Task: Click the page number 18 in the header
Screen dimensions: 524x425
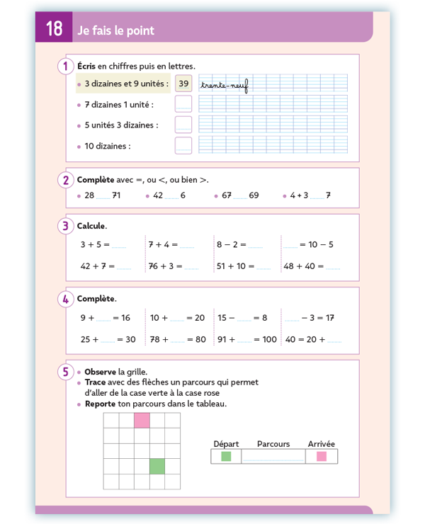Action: (x=54, y=29)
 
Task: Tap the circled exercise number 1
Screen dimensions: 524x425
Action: (x=65, y=66)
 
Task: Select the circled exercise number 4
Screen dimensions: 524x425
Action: (x=65, y=299)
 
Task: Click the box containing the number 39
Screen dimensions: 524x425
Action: (x=183, y=84)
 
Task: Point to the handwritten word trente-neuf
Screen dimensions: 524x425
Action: (x=224, y=85)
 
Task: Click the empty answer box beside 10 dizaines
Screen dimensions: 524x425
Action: (x=183, y=146)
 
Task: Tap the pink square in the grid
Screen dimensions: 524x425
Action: (x=142, y=420)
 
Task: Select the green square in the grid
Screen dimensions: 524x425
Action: (x=157, y=465)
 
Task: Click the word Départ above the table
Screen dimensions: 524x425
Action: (x=226, y=444)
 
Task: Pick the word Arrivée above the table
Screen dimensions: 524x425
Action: (x=322, y=444)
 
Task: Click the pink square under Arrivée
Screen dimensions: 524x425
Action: (x=322, y=457)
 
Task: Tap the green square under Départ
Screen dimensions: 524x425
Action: (x=226, y=457)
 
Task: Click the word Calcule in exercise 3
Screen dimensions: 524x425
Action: (x=91, y=226)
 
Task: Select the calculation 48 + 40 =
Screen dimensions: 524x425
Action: (x=303, y=266)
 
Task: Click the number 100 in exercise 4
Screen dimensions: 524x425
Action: (x=268, y=339)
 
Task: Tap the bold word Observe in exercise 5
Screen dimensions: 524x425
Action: (x=100, y=372)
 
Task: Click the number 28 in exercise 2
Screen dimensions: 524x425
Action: (x=89, y=195)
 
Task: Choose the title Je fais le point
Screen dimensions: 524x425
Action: (x=115, y=30)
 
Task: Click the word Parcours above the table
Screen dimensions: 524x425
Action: (x=273, y=444)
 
